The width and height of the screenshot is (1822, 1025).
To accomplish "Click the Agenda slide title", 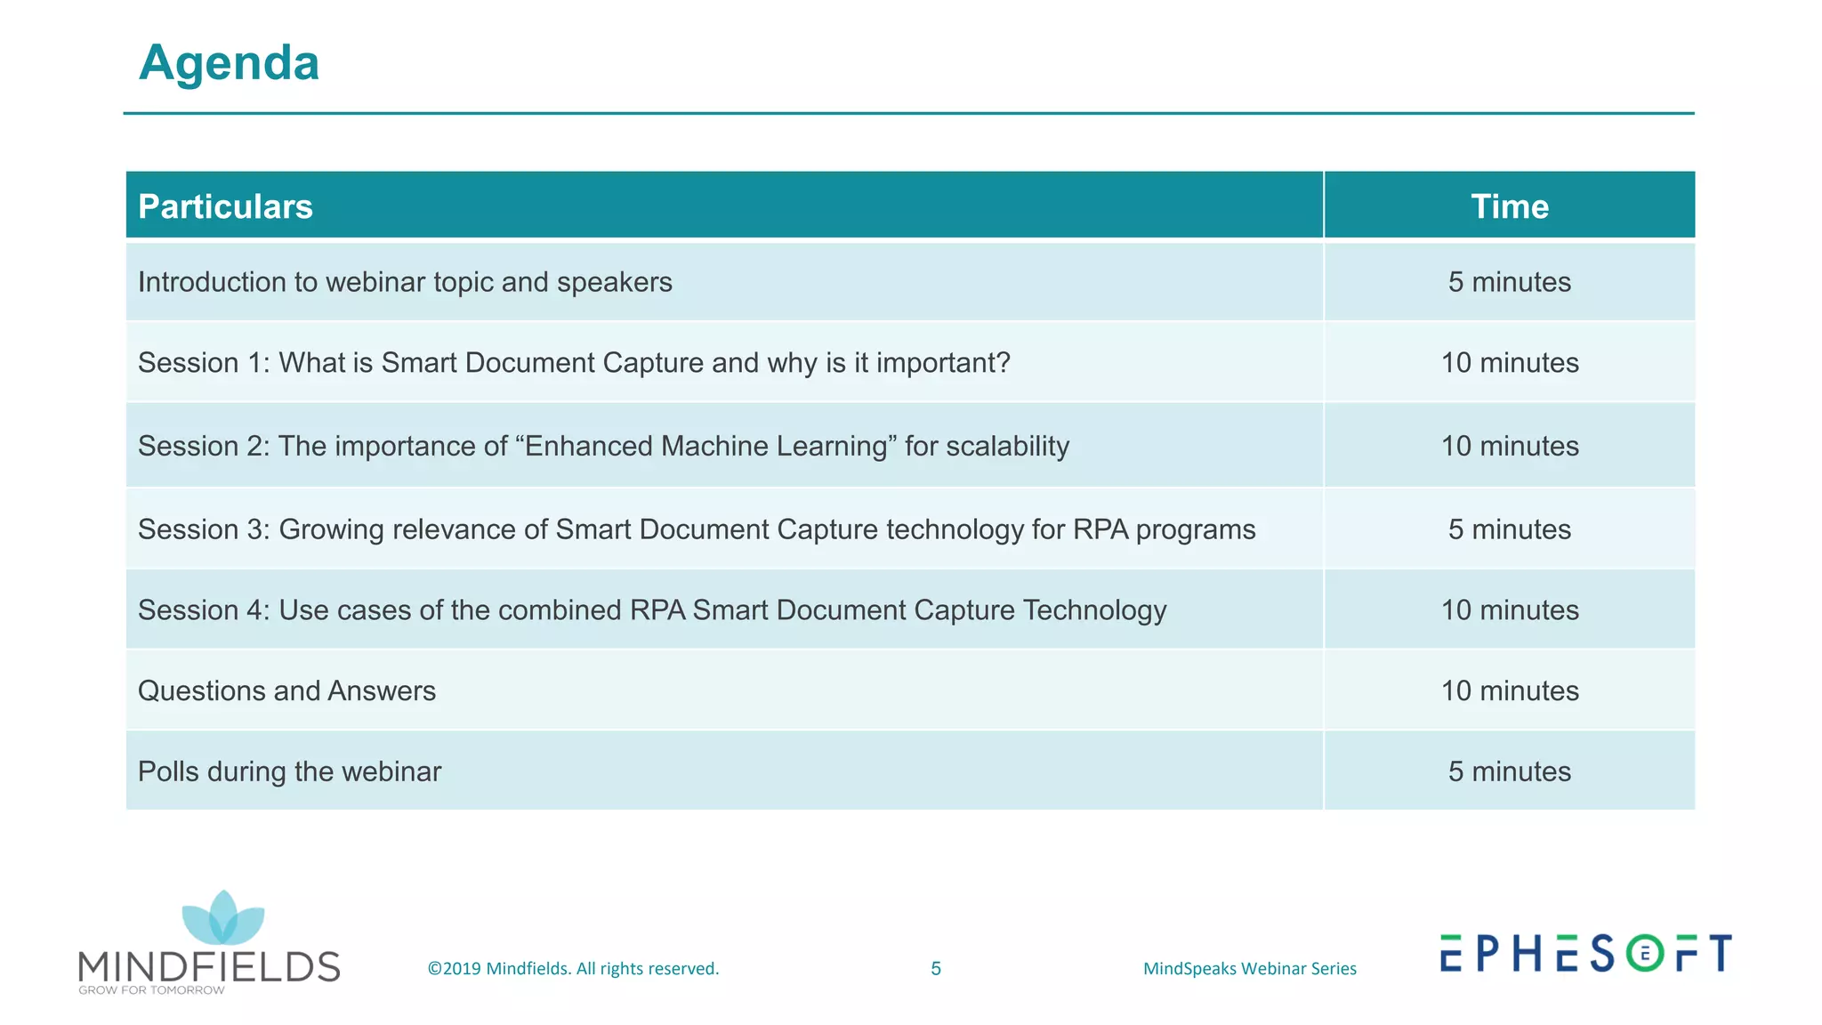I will [229, 63].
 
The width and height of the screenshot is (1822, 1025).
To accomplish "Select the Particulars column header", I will [225, 206].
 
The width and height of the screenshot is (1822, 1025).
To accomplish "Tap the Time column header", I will [1509, 206].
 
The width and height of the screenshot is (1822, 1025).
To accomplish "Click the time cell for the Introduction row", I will [1509, 282].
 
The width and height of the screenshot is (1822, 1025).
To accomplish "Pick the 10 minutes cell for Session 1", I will [1509, 363].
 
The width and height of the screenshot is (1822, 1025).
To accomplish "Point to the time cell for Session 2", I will [1509, 446].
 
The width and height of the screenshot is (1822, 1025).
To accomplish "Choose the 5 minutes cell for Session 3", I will [1509, 529].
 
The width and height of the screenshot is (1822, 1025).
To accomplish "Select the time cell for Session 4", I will [1509, 610].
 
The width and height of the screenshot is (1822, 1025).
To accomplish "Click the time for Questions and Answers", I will [1509, 691].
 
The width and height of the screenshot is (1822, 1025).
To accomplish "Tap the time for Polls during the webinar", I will [1509, 771].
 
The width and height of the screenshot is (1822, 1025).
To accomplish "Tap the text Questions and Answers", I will [286, 691].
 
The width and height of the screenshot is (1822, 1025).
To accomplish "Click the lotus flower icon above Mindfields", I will [222, 918].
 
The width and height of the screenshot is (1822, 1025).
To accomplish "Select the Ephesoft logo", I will [1585, 954].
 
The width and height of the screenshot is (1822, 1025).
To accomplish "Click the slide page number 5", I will [935, 969].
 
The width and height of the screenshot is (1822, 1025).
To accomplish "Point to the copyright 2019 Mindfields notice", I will [573, 969].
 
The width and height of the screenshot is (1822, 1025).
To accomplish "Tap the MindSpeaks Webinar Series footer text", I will [1249, 969].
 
